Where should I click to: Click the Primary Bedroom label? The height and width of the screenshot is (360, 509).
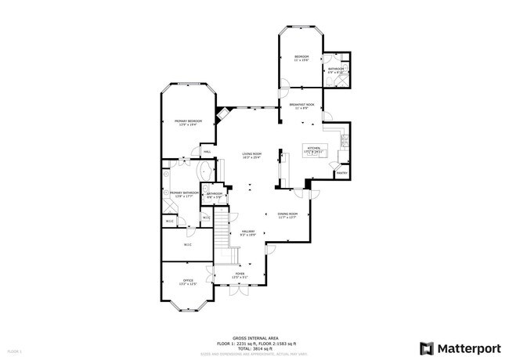tap(188, 121)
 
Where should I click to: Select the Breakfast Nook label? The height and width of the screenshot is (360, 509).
tap(301, 104)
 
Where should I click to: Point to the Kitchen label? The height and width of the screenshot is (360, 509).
tap(313, 147)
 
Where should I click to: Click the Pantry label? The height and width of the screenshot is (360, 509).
tap(341, 172)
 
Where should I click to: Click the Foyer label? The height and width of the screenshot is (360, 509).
tap(240, 274)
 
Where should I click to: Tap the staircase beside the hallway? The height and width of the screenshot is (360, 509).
tap(225, 235)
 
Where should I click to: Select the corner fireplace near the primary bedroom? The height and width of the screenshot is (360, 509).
tap(222, 113)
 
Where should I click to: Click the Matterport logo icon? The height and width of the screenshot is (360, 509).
tap(428, 347)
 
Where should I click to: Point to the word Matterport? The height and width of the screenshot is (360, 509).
tap(467, 347)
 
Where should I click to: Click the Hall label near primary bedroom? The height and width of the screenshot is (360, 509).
tap(208, 152)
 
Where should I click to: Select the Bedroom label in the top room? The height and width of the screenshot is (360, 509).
tap(301, 57)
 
